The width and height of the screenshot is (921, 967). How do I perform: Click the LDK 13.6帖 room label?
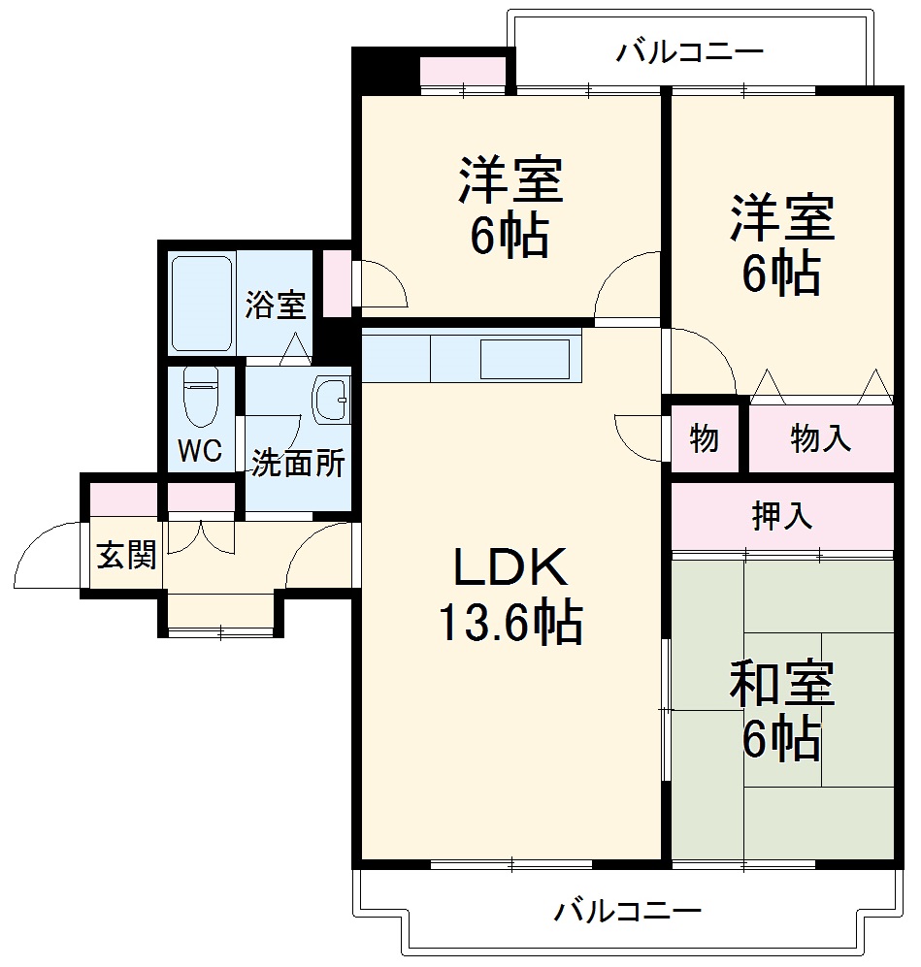510,596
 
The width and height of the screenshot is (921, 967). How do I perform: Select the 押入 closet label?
782,516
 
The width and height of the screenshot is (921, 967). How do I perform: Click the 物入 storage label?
821,439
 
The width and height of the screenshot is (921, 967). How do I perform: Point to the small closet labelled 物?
705,439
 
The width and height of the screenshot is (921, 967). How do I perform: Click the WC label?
200,450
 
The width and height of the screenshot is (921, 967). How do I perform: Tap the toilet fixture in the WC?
202,398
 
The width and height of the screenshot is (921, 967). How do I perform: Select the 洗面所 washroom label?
298,464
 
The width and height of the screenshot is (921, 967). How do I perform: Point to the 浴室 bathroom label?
276,306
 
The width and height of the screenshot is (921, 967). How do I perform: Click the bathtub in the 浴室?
202,303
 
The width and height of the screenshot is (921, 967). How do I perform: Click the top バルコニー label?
690,51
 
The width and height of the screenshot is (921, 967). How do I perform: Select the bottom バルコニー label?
628,912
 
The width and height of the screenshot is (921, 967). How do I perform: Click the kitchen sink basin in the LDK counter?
526,358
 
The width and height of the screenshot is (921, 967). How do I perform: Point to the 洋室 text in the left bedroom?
510,179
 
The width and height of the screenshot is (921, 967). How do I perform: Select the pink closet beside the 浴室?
337,282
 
